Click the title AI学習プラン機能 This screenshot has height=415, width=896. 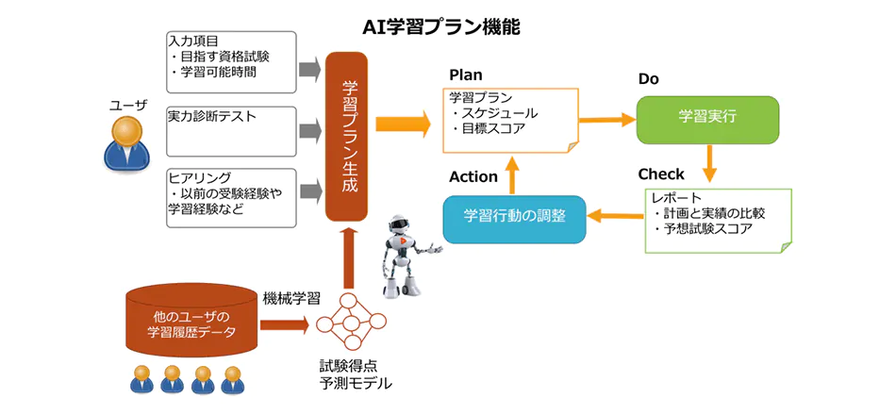click(x=441, y=27)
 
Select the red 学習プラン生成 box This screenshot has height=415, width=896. click(x=345, y=138)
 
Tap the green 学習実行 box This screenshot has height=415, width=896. click(x=707, y=119)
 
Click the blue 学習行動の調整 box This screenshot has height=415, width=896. click(x=514, y=216)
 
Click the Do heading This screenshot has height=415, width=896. click(x=648, y=79)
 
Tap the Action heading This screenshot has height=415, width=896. click(x=473, y=176)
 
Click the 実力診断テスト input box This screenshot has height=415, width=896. click(x=231, y=131)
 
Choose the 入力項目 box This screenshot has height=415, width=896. click(x=231, y=61)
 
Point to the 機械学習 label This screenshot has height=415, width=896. click(x=289, y=297)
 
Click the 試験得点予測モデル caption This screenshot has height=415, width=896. click(x=355, y=374)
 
